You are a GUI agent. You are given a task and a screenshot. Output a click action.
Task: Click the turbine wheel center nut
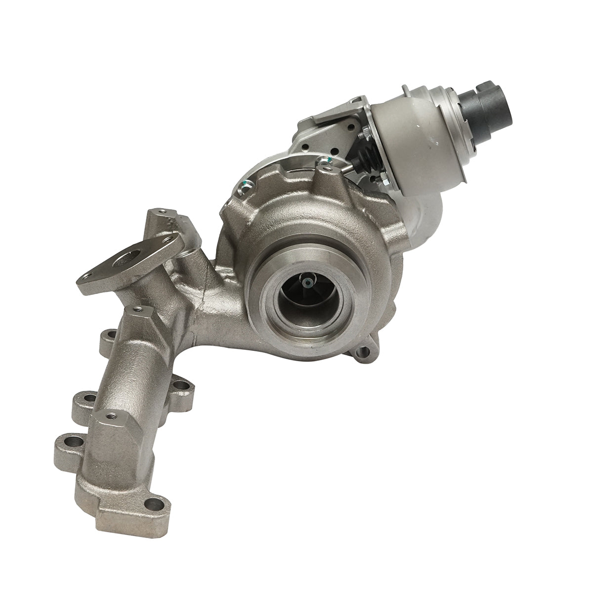(308, 283)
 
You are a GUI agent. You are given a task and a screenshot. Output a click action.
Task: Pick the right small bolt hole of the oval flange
(170, 241)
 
